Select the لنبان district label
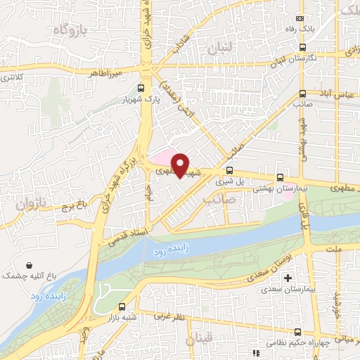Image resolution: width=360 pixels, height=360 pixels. click(x=224, y=49)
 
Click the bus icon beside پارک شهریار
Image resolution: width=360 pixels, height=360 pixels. click(x=141, y=89)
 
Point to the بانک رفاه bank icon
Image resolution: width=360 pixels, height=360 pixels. click(x=301, y=19)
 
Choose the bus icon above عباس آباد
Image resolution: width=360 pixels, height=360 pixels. click(x=302, y=93)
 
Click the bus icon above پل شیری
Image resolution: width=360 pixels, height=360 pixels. click(x=229, y=170)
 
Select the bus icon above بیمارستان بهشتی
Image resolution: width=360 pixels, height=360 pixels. click(x=281, y=178)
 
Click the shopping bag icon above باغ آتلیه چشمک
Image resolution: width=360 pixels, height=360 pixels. click(x=28, y=266)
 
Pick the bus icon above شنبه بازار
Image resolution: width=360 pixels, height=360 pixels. click(x=122, y=307)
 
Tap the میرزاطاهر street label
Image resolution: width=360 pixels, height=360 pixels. click(x=106, y=73)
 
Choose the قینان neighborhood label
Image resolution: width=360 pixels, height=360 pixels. click(x=200, y=340)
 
